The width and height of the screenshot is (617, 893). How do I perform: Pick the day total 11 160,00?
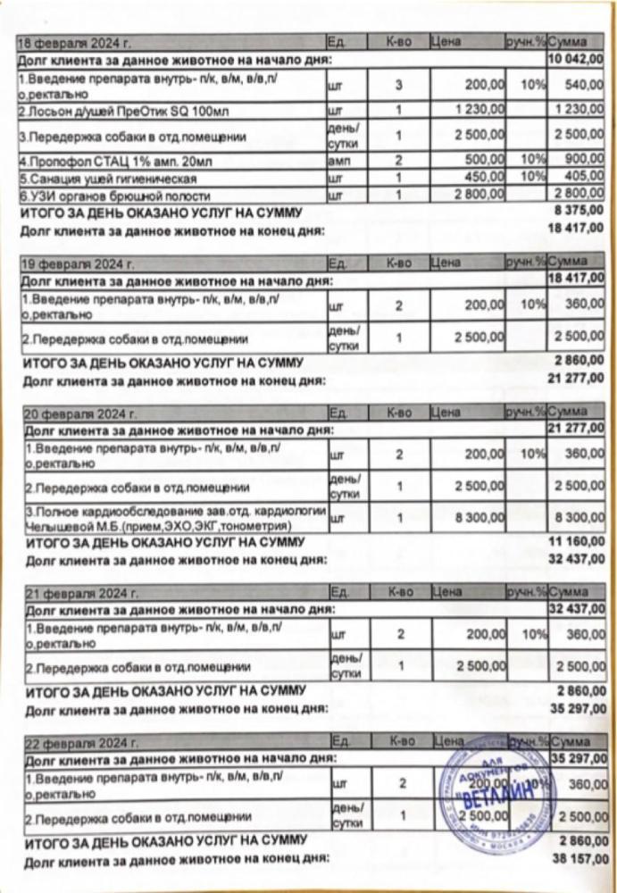(x=579, y=542)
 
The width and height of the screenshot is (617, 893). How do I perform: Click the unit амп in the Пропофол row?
(x=337, y=163)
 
